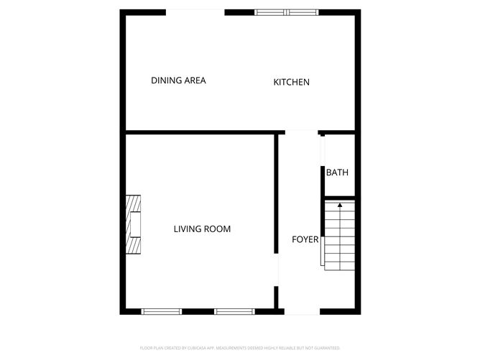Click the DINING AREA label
point(178,80)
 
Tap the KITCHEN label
point(291,82)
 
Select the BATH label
point(337,172)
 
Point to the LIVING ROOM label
point(202,229)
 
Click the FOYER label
point(305,239)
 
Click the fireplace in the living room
point(133,226)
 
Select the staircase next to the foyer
point(339,235)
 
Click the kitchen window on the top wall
point(287,12)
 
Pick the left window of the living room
point(161,311)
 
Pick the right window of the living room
point(235,311)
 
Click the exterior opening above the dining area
point(195,12)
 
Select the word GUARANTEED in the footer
point(323,348)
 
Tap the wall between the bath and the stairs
point(338,198)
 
